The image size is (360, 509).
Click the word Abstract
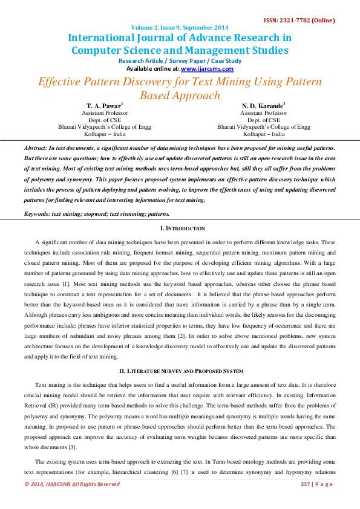(36, 148)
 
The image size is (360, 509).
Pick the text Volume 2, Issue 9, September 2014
(180, 28)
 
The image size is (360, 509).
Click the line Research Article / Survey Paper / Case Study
(180, 61)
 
